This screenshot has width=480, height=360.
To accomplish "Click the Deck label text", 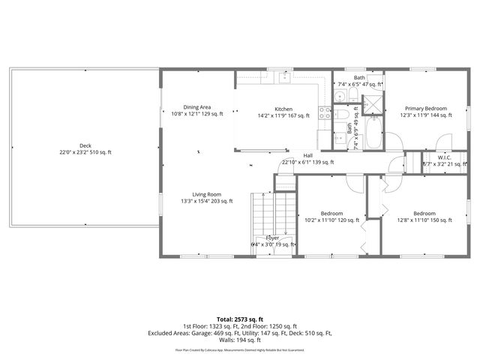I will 85,145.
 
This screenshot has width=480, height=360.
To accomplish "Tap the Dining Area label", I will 197,107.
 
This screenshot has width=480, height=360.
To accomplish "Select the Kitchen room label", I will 283,109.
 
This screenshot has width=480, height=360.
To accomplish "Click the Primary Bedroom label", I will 425,108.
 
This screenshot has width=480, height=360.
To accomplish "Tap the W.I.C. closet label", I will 444,157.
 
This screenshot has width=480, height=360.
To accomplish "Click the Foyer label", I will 272,237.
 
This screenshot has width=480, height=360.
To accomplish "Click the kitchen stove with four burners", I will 325,113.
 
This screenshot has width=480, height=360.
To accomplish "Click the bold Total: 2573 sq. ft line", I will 240,319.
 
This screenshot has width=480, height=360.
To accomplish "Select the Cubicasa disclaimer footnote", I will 240,349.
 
